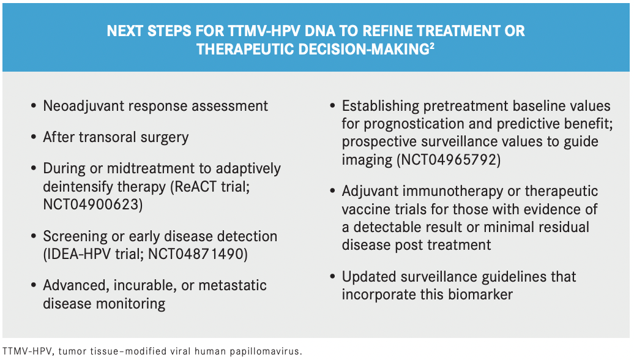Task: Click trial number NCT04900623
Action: coord(91,204)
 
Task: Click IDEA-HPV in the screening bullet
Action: coord(73,254)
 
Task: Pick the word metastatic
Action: coord(232,285)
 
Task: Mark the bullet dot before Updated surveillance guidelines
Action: coord(332,277)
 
